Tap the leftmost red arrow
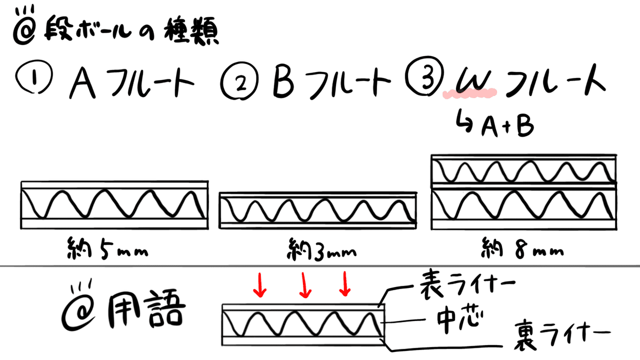click(x=260, y=285)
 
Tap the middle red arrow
click(x=305, y=285)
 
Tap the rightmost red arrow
click(x=345, y=284)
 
